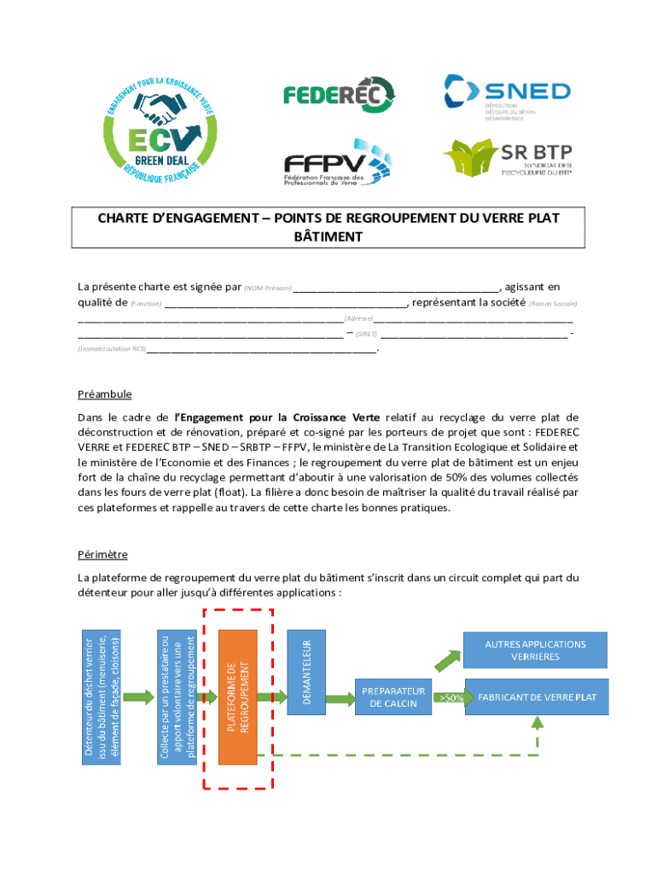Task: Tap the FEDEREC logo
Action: coord(339,95)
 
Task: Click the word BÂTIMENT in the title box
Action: coord(328,236)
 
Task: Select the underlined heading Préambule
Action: coord(104,394)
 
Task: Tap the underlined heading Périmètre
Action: coord(102,555)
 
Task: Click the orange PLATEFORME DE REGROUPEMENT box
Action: coord(238,697)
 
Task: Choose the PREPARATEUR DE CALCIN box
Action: coord(393,696)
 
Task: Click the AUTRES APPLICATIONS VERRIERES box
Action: coord(535,650)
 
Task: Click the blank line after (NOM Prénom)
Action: coord(396,288)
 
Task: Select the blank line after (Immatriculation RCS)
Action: coord(262,350)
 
